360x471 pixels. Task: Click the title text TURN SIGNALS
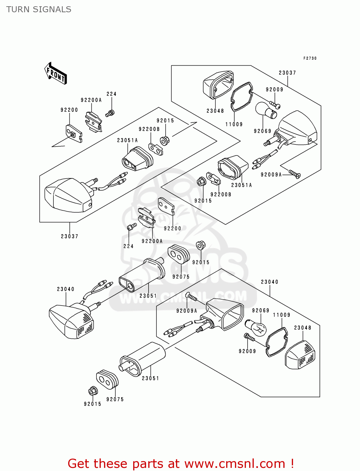click(x=39, y=9)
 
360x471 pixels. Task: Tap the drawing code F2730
click(x=310, y=58)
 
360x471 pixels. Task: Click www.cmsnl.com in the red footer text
click(x=234, y=463)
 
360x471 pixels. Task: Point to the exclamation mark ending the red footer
click(x=292, y=463)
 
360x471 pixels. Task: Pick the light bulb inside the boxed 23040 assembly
click(x=258, y=328)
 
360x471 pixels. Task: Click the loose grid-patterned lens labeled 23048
click(x=300, y=355)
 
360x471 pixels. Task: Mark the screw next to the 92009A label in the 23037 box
click(x=295, y=174)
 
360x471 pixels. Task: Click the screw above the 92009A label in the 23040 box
click(x=192, y=297)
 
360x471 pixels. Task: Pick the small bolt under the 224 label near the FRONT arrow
click(x=110, y=113)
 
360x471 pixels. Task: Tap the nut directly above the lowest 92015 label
click(x=93, y=391)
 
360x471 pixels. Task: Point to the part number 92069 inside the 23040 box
click(x=260, y=311)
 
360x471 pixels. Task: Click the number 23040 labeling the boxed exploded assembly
click(x=270, y=282)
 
